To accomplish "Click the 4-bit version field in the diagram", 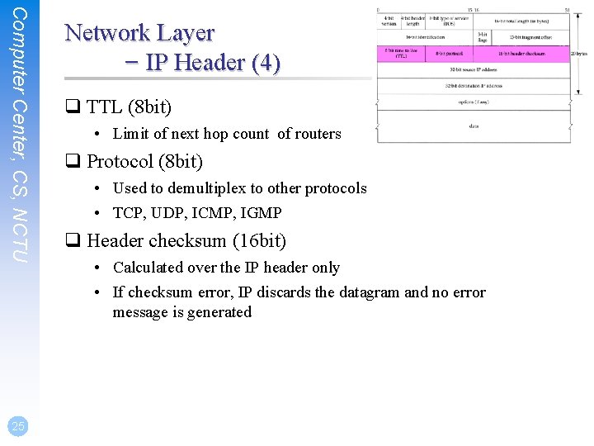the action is [x=389, y=21].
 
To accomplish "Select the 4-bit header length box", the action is [x=412, y=21].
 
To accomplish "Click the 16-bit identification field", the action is [x=426, y=37].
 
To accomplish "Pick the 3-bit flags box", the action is [x=483, y=37].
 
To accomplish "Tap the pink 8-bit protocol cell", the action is [x=449, y=53].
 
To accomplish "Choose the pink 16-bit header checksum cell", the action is [x=522, y=53].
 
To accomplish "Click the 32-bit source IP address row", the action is [x=474, y=69].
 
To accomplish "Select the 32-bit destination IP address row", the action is [x=474, y=85].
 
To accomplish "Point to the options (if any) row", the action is [x=474, y=102].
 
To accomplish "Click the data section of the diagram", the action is [x=474, y=126].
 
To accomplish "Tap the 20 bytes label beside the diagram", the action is [x=580, y=54].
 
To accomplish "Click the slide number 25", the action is [x=17, y=425].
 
